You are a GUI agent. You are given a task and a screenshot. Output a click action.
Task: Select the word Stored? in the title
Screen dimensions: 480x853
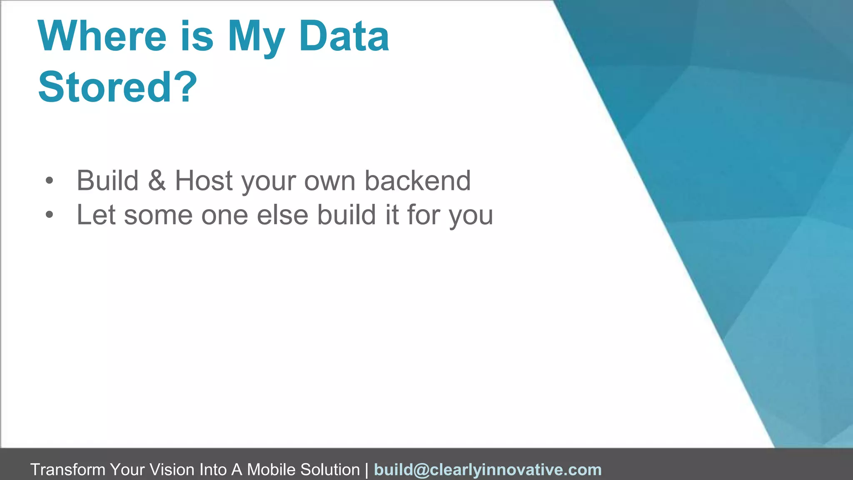pos(117,87)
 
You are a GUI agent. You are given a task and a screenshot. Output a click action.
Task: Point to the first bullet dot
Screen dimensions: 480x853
pos(50,181)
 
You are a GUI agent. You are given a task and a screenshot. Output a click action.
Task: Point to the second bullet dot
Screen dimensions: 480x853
pos(50,215)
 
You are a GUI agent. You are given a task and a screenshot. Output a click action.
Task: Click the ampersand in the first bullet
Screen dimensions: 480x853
pos(157,181)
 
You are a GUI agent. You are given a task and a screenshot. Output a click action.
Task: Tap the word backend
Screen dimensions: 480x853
pos(418,181)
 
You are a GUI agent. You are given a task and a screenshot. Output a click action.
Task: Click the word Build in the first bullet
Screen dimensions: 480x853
pos(107,181)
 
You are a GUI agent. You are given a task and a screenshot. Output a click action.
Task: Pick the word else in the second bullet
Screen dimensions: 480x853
pos(282,215)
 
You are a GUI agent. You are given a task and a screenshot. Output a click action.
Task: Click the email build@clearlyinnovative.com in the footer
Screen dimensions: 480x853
pos(488,470)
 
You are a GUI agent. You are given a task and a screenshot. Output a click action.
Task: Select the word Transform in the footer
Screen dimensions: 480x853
pos(68,470)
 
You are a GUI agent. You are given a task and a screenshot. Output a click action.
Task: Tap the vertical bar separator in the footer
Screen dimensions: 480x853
pos(367,470)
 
